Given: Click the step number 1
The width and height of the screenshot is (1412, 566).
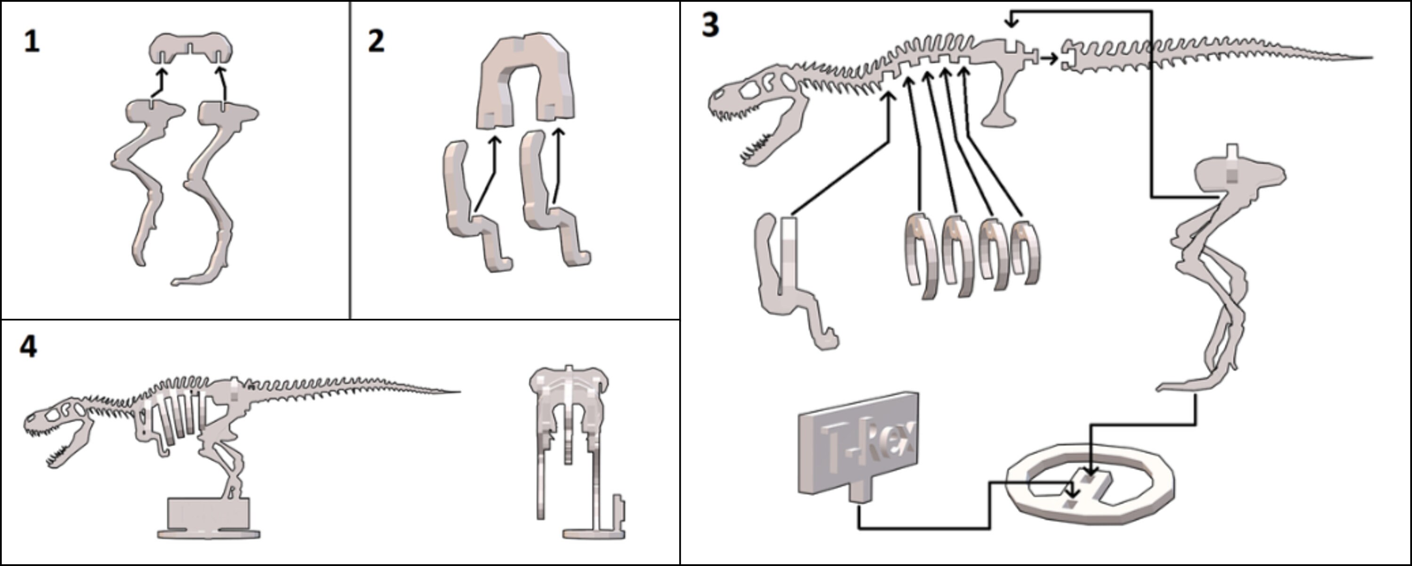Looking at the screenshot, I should pos(32,42).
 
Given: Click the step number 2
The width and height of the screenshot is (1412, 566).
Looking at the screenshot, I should pos(376,42).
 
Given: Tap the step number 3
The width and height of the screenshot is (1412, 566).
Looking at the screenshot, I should pos(710,26).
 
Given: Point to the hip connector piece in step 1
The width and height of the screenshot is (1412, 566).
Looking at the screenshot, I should pos(191,47).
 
